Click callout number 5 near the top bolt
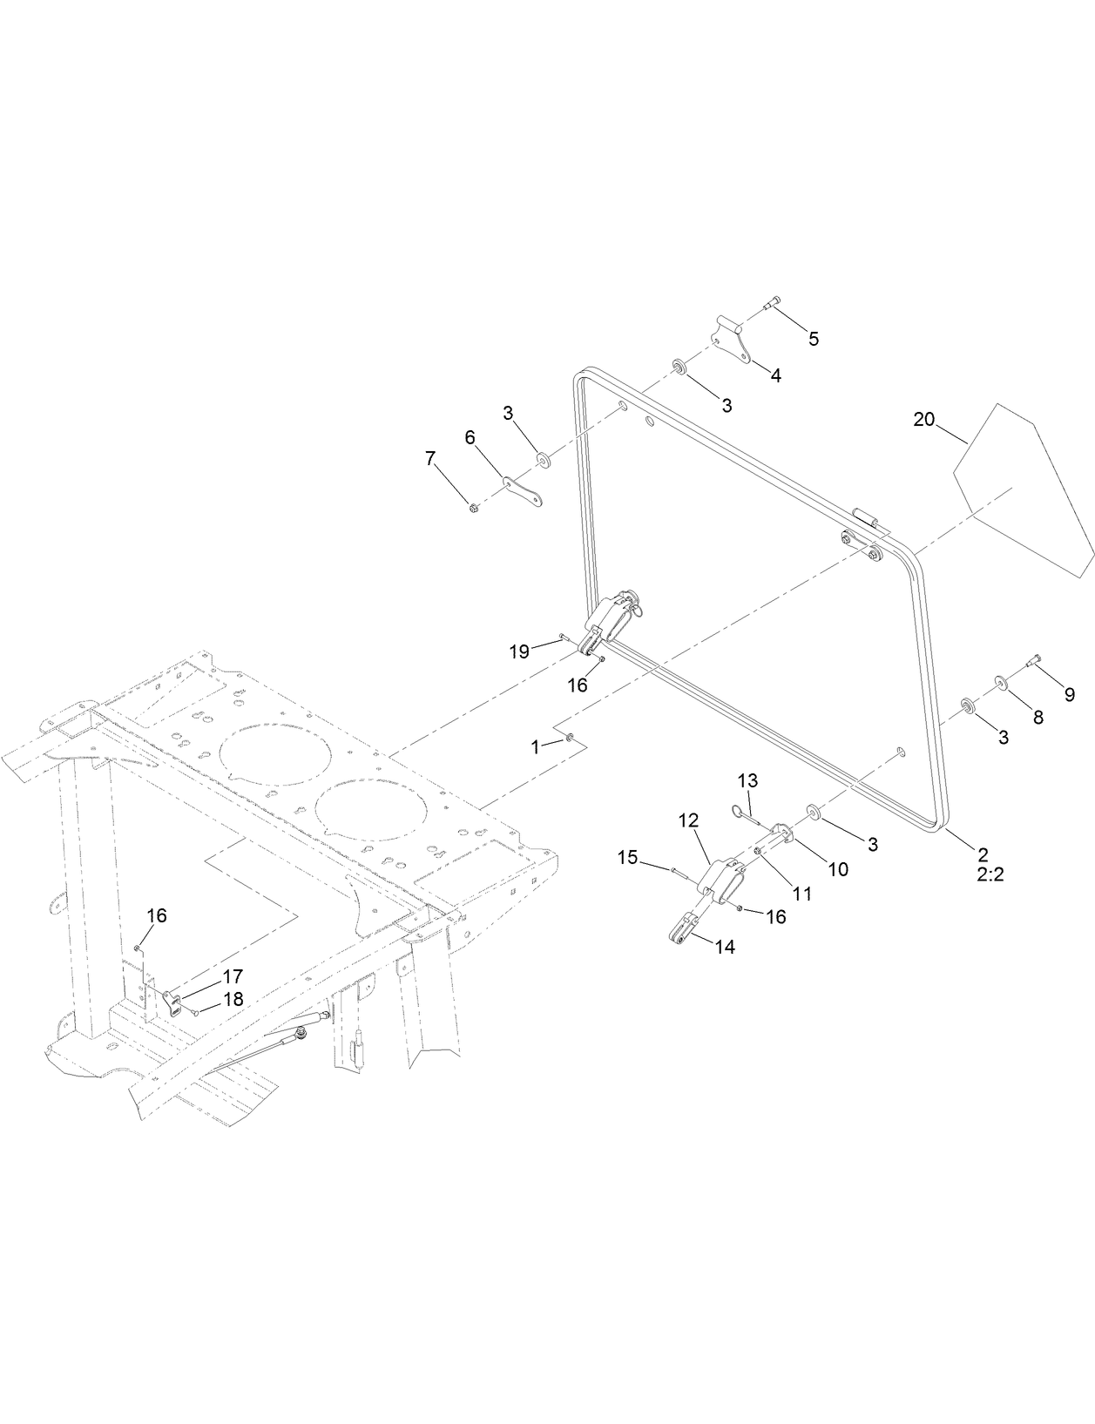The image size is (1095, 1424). click(813, 339)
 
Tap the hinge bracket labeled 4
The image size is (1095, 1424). click(732, 341)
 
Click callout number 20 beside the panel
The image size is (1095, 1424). click(923, 419)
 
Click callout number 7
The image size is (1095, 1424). click(430, 459)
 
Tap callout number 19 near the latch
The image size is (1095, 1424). click(519, 651)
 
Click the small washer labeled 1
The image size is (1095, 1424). click(569, 739)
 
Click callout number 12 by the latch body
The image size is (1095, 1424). click(689, 820)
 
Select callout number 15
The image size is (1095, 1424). click(627, 858)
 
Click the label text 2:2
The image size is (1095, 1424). click(990, 874)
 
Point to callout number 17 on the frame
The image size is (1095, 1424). click(233, 976)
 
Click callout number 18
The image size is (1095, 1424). click(233, 999)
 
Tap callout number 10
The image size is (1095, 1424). click(837, 868)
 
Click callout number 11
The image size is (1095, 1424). click(801, 893)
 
